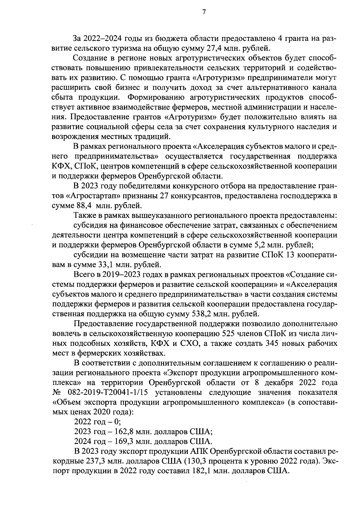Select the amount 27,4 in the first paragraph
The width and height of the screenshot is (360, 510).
pyautogui.click(x=216, y=48)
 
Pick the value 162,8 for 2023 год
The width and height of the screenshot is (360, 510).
pyautogui.click(x=122, y=432)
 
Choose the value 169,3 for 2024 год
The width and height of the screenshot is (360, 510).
pyautogui.click(x=122, y=442)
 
